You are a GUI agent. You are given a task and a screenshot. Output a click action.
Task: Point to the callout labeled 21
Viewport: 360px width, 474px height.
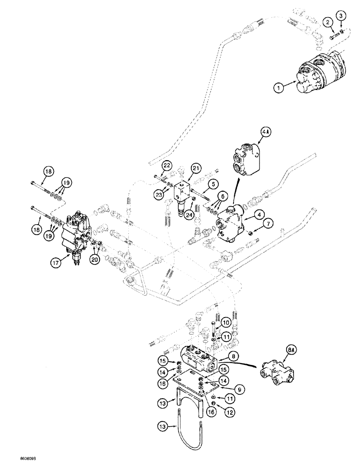click(x=196, y=167)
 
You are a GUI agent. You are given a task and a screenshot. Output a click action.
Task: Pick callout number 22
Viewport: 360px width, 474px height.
click(x=167, y=165)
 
